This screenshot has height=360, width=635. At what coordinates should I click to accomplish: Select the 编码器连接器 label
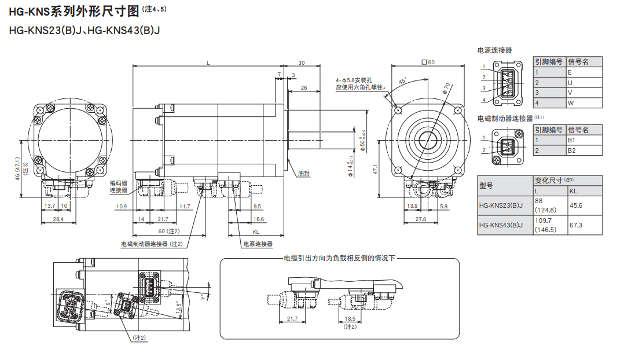[119, 186]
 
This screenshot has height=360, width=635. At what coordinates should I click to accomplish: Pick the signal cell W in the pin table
[570, 103]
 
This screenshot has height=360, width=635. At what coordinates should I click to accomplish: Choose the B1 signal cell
[571, 140]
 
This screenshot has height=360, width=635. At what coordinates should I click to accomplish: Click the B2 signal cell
[571, 150]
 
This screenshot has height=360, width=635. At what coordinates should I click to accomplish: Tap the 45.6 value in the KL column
[576, 205]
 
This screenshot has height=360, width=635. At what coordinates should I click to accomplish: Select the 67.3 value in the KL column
[576, 226]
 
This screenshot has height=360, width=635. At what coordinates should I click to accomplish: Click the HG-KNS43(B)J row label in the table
[501, 226]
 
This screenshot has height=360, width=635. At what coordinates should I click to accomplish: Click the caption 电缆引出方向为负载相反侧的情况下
[339, 258]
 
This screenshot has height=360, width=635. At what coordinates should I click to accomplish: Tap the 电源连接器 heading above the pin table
[494, 50]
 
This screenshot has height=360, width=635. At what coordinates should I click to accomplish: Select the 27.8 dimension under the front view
[421, 219]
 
